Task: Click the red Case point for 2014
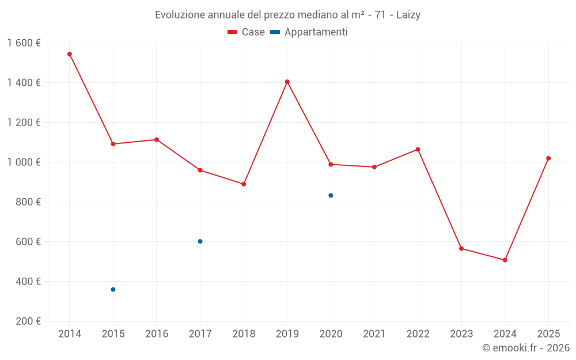(70, 54)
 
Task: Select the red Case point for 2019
(287, 82)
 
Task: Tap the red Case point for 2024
(505, 260)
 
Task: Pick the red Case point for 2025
(548, 158)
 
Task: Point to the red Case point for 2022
(418, 149)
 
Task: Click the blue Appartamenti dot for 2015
(113, 289)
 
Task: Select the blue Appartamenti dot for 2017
(200, 241)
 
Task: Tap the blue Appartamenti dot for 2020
(331, 195)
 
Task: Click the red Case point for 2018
(244, 184)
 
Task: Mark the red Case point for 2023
(461, 248)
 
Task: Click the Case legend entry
(246, 32)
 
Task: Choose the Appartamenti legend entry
(309, 32)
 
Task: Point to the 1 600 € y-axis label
(24, 43)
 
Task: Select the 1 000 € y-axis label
(24, 162)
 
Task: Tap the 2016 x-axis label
(157, 334)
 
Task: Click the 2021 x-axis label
(374, 334)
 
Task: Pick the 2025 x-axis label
(548, 334)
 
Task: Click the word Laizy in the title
(408, 15)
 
